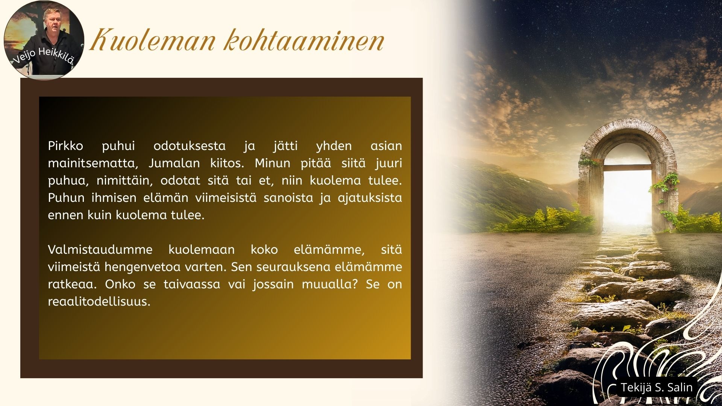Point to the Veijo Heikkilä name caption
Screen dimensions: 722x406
point(44,55)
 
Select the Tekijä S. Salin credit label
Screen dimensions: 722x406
point(657,387)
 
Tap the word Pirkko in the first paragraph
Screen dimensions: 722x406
point(65,146)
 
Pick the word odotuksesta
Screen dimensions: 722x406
point(190,146)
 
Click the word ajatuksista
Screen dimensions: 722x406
point(370,198)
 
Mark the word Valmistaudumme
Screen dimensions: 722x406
point(100,250)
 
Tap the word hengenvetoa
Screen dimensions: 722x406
point(142,267)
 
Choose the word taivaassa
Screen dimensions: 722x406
point(192,284)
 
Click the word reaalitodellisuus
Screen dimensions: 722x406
point(99,301)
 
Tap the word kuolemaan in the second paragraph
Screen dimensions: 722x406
point(202,250)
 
